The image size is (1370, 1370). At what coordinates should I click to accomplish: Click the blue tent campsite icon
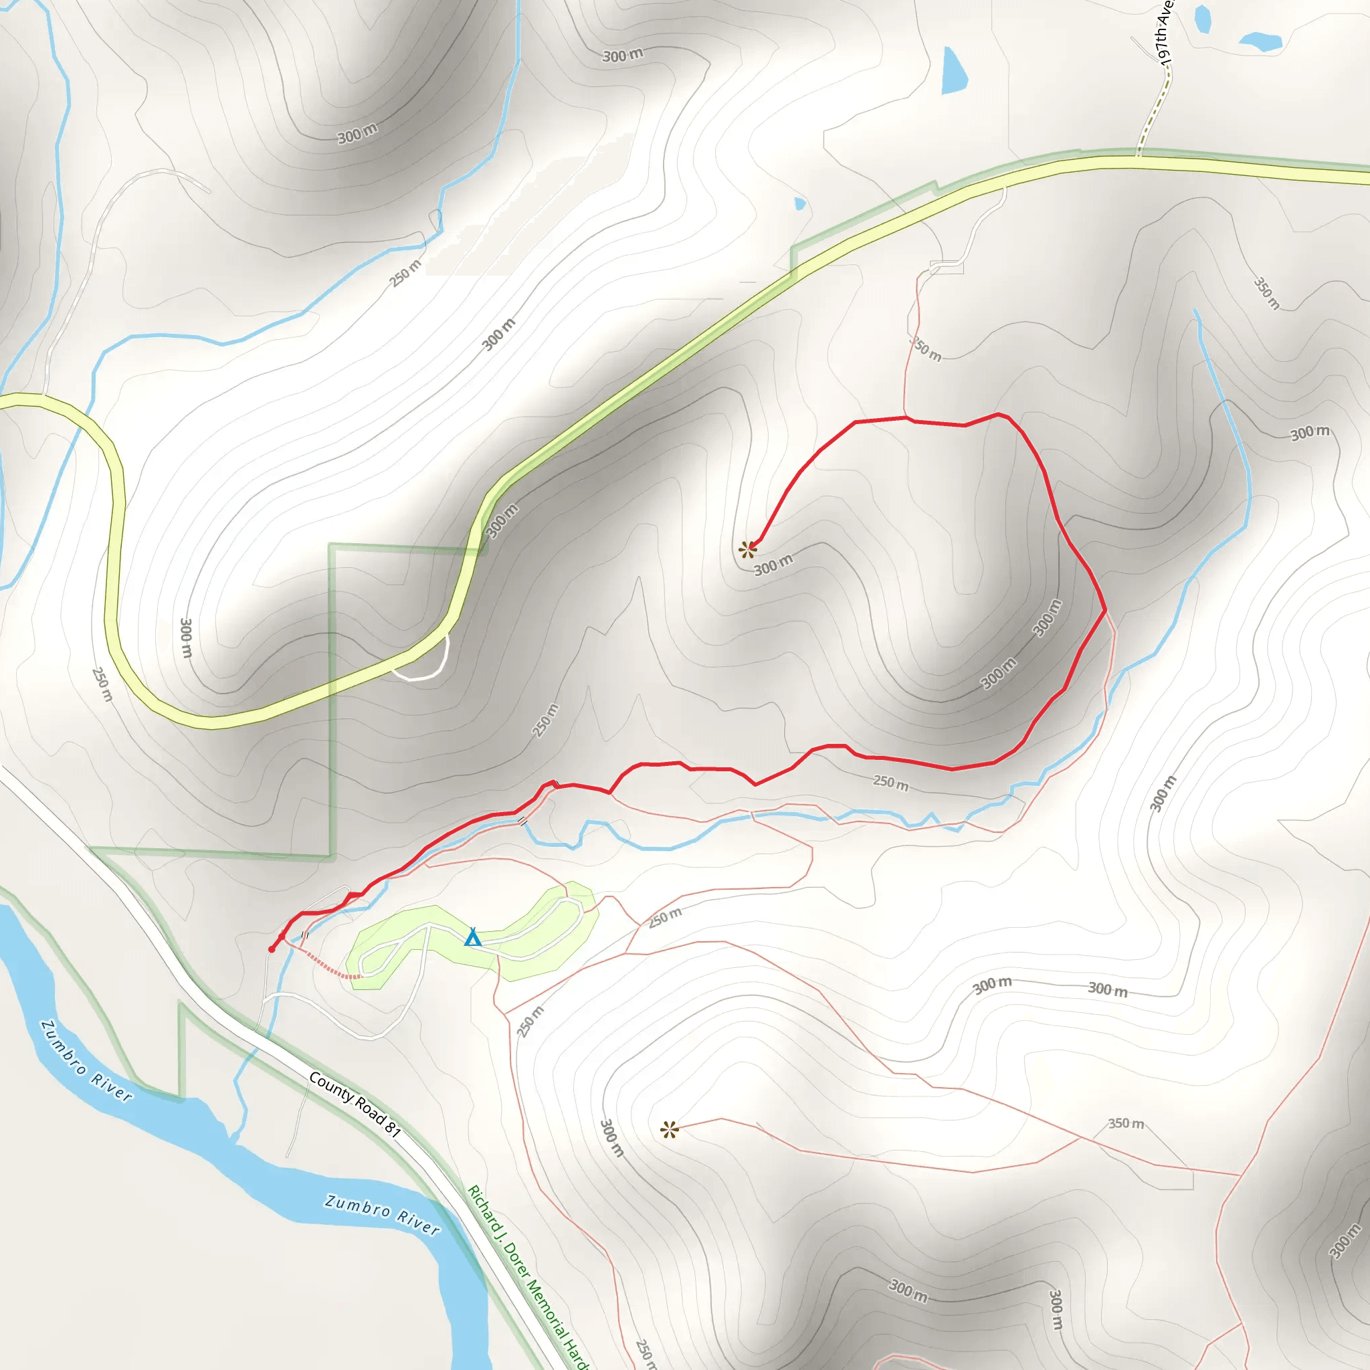pyautogui.click(x=473, y=938)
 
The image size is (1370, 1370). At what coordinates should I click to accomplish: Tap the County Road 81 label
pyautogui.click(x=355, y=1105)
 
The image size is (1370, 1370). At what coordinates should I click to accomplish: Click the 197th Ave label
pyautogui.click(x=1164, y=32)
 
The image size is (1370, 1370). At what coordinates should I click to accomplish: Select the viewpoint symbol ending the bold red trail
pyautogui.click(x=747, y=549)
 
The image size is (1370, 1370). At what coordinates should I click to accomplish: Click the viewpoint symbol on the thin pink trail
pyautogui.click(x=670, y=1130)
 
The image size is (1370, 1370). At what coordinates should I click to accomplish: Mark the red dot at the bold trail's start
pyautogui.click(x=272, y=949)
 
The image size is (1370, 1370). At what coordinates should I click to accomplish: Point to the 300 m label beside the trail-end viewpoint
pyautogui.click(x=773, y=565)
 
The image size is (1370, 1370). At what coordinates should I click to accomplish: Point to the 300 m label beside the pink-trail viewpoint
pyautogui.click(x=613, y=1137)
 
